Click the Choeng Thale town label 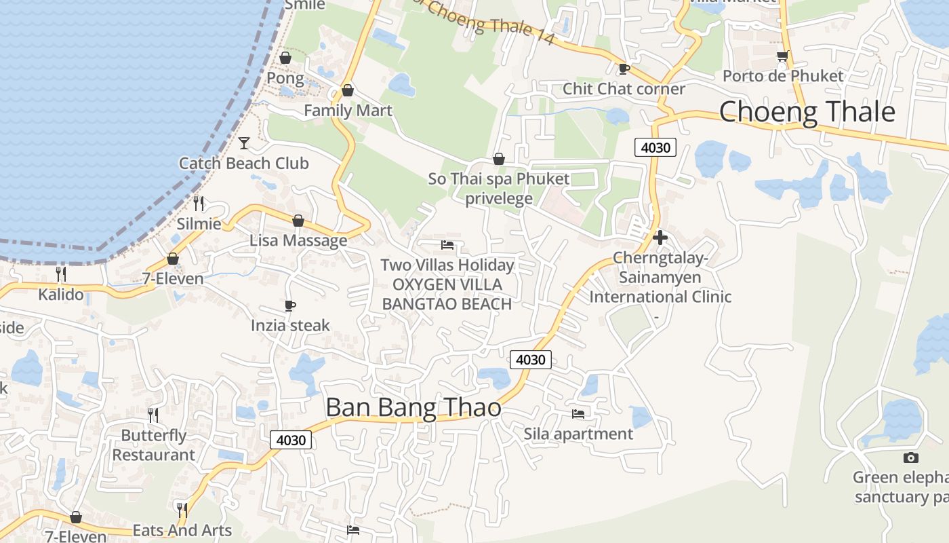pyautogui.click(x=807, y=112)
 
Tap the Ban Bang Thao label pyautogui.click(x=413, y=407)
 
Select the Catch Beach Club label pyautogui.click(x=244, y=164)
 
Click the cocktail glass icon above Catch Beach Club pyautogui.click(x=244, y=143)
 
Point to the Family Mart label pyautogui.click(x=348, y=110)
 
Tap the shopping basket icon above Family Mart pyautogui.click(x=348, y=90)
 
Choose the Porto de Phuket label pyautogui.click(x=783, y=76)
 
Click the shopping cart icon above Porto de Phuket pyautogui.click(x=783, y=56)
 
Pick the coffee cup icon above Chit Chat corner pyautogui.click(x=624, y=69)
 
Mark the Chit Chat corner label pyautogui.click(x=624, y=89)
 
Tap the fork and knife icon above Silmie pyautogui.click(x=199, y=203)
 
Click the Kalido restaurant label pyautogui.click(x=61, y=295)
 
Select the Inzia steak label pyautogui.click(x=290, y=326)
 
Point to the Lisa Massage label pyautogui.click(x=298, y=240)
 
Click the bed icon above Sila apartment pyautogui.click(x=578, y=413)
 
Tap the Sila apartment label pyautogui.click(x=578, y=434)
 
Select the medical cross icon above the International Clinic pyautogui.click(x=660, y=238)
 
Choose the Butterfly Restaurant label pyautogui.click(x=153, y=445)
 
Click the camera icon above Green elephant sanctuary pyautogui.click(x=911, y=457)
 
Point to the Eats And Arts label pyautogui.click(x=182, y=531)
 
